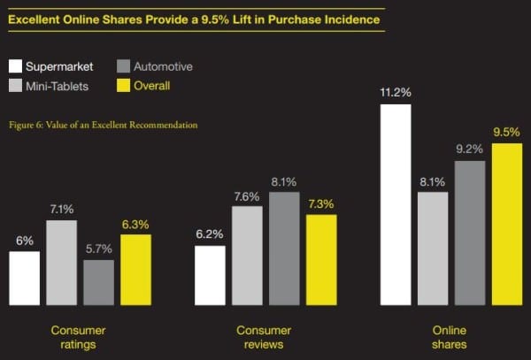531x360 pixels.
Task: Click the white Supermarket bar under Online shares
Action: pyautogui.click(x=396, y=204)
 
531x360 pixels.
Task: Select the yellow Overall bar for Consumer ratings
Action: pyautogui.click(x=135, y=270)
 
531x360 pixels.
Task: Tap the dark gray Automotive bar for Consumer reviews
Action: pyautogui.click(x=284, y=249)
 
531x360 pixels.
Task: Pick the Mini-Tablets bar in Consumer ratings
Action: pyautogui.click(x=62, y=263)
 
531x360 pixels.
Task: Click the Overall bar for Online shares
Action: pyautogui.click(x=506, y=224)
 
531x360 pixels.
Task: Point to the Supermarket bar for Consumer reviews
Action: pyautogui.click(x=210, y=275)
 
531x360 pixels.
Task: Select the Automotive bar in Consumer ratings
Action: pyautogui.click(x=98, y=282)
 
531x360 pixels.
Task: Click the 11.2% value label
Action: pyautogui.click(x=396, y=91)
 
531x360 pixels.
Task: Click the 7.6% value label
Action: pyautogui.click(x=247, y=195)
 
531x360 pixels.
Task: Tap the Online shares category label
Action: pyautogui.click(x=450, y=336)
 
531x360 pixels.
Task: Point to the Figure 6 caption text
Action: pyautogui.click(x=104, y=125)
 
